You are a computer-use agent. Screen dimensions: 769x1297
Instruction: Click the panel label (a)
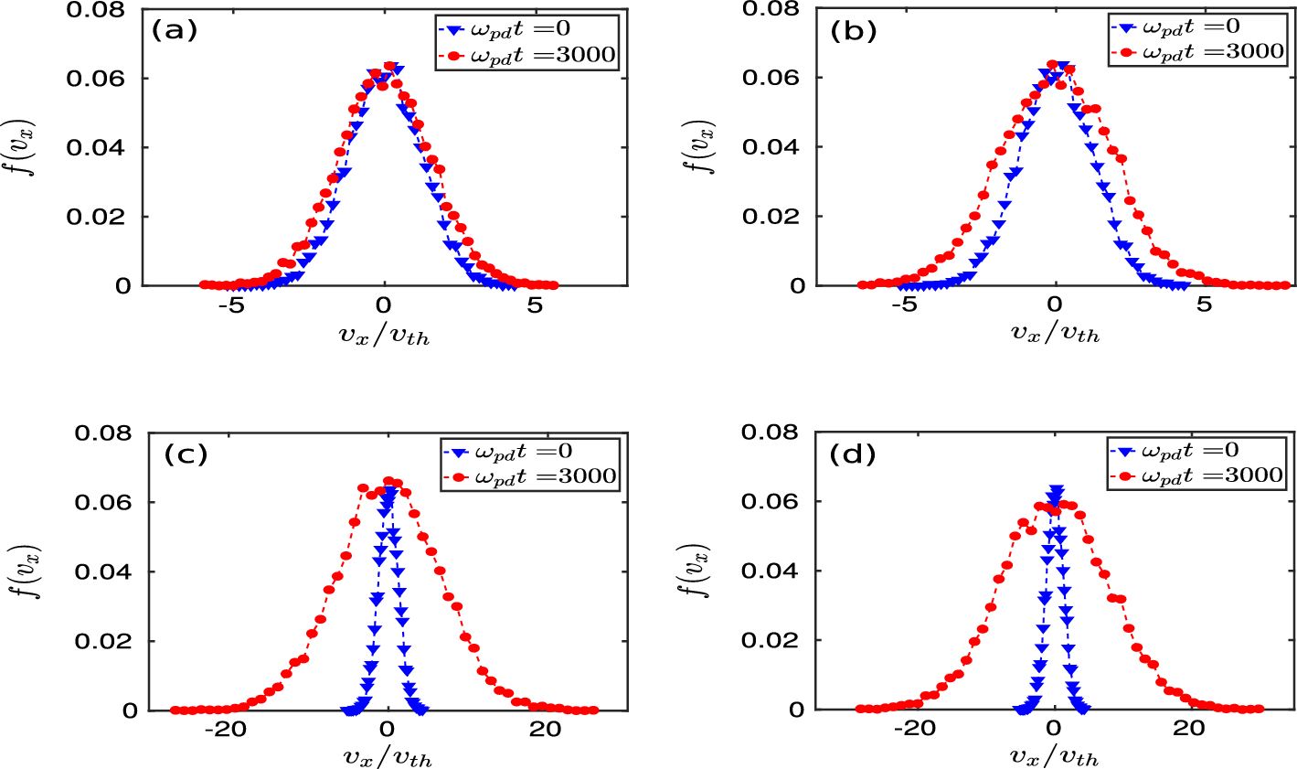[174, 30]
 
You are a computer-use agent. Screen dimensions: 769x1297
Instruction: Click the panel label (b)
[853, 30]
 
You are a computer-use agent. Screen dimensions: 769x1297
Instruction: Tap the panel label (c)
[185, 454]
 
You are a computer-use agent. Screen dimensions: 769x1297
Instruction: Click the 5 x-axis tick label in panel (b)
[1205, 304]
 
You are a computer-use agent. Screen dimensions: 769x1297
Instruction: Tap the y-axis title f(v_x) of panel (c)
[34, 571]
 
